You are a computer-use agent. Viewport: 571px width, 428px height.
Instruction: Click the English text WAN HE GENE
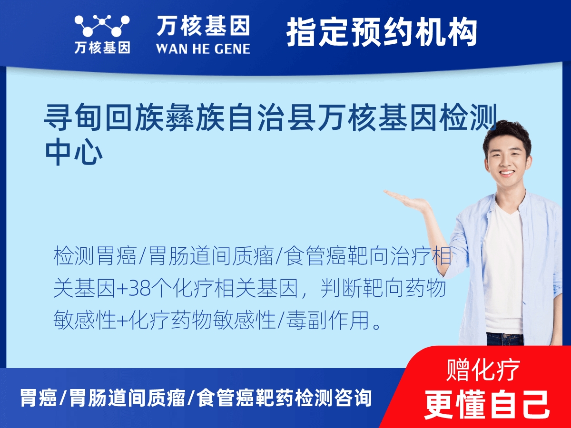click(x=203, y=48)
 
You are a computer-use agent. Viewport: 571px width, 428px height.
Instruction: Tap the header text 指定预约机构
click(x=382, y=32)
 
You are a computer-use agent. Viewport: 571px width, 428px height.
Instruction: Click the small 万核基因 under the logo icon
click(x=102, y=48)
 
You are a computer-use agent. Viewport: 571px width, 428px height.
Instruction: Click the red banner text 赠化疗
click(x=483, y=370)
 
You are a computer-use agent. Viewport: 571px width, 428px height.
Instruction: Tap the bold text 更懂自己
click(x=487, y=404)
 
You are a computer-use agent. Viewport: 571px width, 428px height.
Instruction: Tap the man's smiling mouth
click(x=506, y=173)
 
